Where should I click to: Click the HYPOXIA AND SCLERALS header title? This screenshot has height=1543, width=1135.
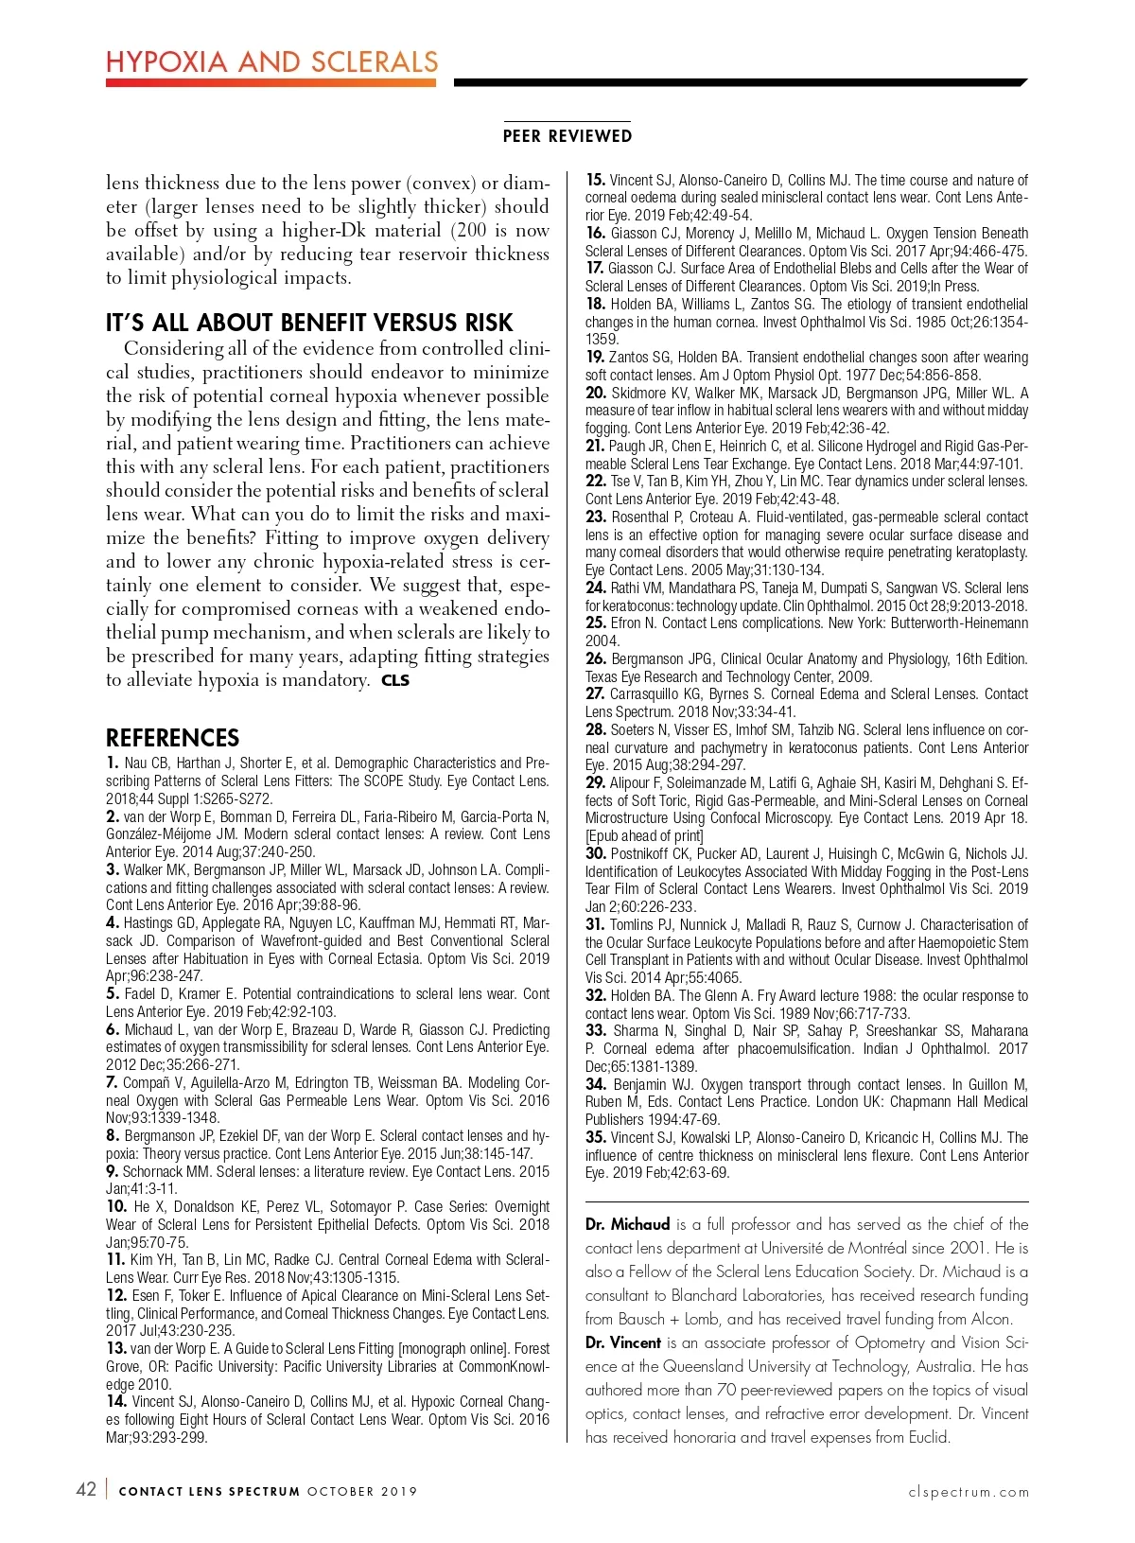271,62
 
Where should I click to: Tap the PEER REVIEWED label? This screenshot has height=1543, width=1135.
567,136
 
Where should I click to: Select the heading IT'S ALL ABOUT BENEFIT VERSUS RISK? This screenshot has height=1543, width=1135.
309,323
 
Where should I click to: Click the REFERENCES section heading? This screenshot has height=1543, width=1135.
172,738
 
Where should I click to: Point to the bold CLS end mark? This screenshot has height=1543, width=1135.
395,680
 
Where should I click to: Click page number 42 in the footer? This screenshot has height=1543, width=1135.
86,1489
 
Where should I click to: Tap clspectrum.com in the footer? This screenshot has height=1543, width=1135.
969,1492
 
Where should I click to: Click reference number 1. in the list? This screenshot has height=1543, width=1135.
113,763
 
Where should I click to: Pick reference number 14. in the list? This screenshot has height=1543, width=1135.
116,1402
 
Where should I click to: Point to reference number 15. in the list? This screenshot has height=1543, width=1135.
596,180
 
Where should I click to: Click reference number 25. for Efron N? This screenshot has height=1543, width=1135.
596,623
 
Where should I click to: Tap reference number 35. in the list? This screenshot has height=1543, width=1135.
596,1138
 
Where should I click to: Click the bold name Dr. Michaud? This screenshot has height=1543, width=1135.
627,1224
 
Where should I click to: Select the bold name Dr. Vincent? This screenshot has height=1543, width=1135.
623,1342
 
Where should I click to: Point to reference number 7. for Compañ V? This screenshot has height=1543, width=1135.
113,1083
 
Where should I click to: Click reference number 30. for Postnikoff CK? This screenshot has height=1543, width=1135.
596,854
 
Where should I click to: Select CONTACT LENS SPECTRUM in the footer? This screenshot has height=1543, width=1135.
209,1492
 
